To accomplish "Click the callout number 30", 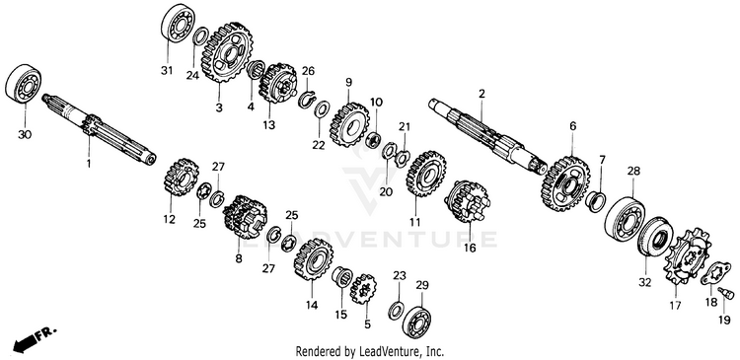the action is (25, 135).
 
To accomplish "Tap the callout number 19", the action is (724, 321).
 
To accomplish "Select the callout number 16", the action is (470, 247).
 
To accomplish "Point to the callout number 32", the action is (644, 283).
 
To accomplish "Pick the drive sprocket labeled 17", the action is (687, 255).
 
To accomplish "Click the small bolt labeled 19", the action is (726, 293).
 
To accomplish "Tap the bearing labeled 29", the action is (416, 322).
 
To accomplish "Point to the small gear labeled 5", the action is (362, 290).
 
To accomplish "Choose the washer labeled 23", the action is (396, 310).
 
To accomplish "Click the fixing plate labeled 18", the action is (715, 273).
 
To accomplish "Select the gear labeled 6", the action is (566, 184).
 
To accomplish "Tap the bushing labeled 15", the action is (340, 277).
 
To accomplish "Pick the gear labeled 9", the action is (349, 124).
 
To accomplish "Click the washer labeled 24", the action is (200, 36).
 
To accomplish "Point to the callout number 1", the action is (88, 164).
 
